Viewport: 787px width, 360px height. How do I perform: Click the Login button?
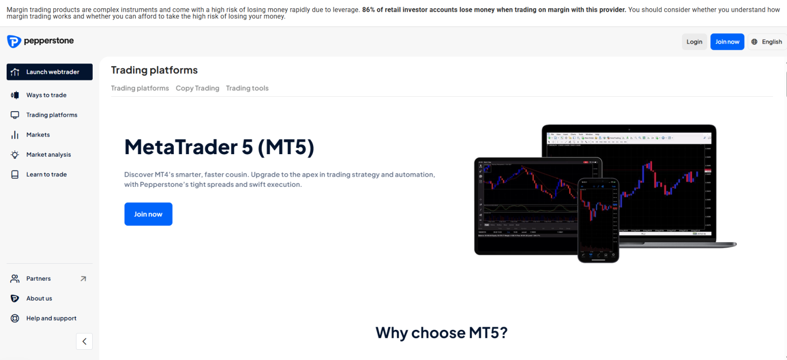[x=694, y=42]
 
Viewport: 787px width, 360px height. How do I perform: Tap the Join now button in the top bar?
[x=727, y=42]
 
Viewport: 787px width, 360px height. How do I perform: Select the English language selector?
[x=767, y=42]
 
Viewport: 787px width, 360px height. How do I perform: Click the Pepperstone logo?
[x=40, y=41]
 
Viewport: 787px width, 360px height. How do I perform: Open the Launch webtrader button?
[x=50, y=72]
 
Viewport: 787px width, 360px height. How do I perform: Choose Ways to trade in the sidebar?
[x=46, y=95]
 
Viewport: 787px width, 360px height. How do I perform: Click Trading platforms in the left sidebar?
[x=51, y=115]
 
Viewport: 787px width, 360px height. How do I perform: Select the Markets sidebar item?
[x=38, y=135]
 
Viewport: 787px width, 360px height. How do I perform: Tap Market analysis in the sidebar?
[x=48, y=155]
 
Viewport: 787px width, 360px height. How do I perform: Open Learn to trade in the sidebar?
[x=46, y=175]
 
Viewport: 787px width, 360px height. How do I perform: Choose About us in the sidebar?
[x=39, y=299]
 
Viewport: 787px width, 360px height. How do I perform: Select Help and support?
[x=51, y=319]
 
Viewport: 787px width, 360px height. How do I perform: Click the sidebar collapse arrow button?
[x=84, y=342]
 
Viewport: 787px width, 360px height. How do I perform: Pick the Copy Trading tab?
[x=197, y=88]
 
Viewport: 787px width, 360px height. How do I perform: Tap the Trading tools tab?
[x=247, y=88]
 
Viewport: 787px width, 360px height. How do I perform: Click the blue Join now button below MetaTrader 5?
[x=148, y=214]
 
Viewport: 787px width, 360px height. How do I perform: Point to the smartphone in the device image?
[x=598, y=220]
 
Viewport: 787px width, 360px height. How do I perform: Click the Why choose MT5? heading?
[x=441, y=333]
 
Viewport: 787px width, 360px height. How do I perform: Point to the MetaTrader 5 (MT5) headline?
[x=219, y=147]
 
